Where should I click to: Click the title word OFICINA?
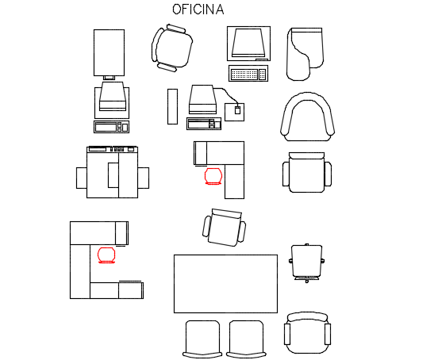pos(198,10)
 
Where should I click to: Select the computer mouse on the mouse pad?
pos(237,110)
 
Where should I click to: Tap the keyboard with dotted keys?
pos(248,74)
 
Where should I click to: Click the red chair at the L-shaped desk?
pos(213,176)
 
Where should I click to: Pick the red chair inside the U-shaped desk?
pos(106,255)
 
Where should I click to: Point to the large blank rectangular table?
pos(225,284)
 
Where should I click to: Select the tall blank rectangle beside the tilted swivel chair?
pos(109,52)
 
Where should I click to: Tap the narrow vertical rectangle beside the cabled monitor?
pos(172,106)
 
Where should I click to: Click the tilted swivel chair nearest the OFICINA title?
pos(172,48)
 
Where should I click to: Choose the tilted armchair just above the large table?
pos(224,228)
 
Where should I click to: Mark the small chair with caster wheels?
pos(307,263)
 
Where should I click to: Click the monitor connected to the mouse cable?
pos(202,100)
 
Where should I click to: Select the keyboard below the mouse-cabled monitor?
pos(204,124)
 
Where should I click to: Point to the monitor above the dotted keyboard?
pos(248,44)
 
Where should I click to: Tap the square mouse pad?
pos(234,112)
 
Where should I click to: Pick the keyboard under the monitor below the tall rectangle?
pos(111,127)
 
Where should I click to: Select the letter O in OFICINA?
pos(176,10)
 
